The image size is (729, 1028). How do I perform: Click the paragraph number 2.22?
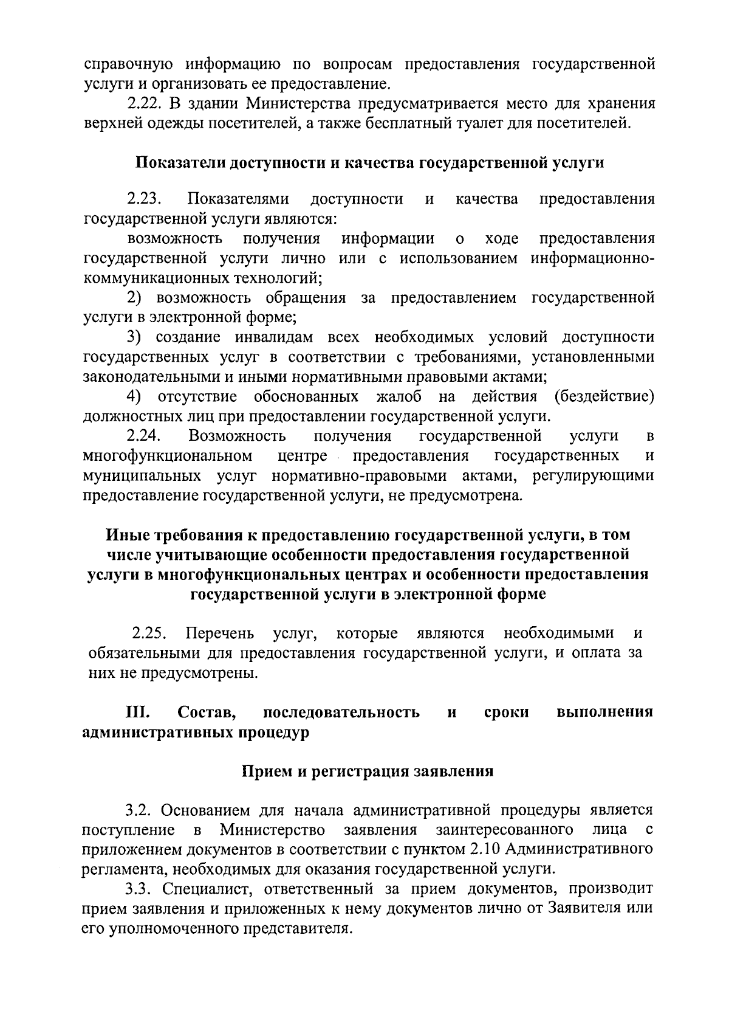pyautogui.click(x=142, y=104)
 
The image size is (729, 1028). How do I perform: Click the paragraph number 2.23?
pyautogui.click(x=143, y=199)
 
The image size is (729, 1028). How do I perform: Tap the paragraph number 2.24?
pyautogui.click(x=143, y=436)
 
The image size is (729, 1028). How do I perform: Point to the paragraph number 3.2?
pyautogui.click(x=139, y=810)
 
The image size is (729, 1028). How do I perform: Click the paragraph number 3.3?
pyautogui.click(x=139, y=889)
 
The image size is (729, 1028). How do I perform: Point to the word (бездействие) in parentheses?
pyautogui.click(x=604, y=397)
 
